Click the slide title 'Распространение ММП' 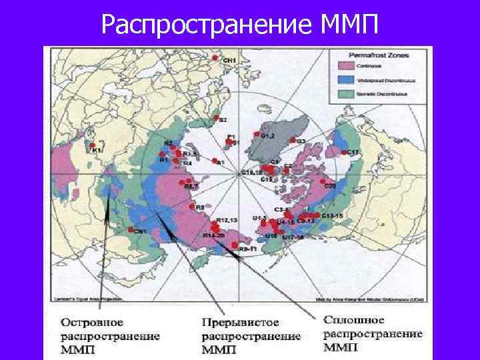pyautogui.click(x=240, y=25)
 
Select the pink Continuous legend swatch pyautogui.click(x=345, y=66)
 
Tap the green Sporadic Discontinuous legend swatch pyautogui.click(x=345, y=93)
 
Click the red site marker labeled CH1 pyautogui.click(x=215, y=59)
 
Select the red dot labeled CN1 pyautogui.click(x=131, y=231)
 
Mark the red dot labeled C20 pyautogui.click(x=319, y=187)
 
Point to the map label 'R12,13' pyautogui.click(x=227, y=219)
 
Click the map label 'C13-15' pyautogui.click(x=331, y=216)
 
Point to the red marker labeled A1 pyautogui.click(x=215, y=161)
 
